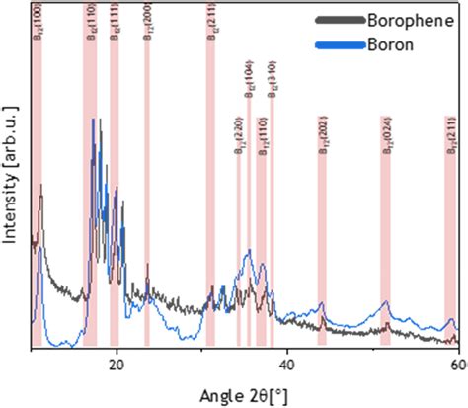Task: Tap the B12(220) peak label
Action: tap(239, 136)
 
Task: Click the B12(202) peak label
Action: tap(322, 136)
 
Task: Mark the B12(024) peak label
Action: tap(386, 136)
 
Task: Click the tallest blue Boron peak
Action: tap(94, 122)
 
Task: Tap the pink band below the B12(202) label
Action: tap(322, 247)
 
